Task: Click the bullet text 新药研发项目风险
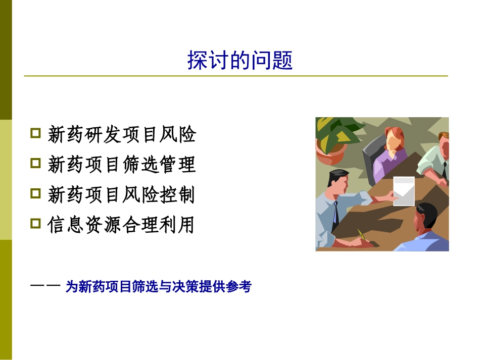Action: (121, 135)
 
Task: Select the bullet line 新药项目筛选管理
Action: (121, 165)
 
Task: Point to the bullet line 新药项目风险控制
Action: (121, 194)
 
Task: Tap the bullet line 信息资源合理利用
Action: (121, 225)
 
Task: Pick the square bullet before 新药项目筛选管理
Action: (35, 163)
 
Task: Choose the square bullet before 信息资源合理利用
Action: (35, 223)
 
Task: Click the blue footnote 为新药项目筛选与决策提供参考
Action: (158, 287)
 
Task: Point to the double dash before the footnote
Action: (45, 286)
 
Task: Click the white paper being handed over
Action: (404, 191)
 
